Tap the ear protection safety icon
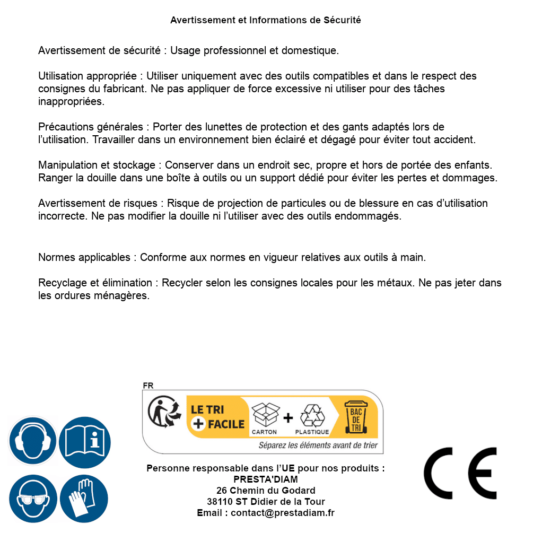click(x=32, y=441)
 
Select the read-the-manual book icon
click(x=85, y=441)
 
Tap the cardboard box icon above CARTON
click(x=265, y=415)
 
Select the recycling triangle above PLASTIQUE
click(x=312, y=415)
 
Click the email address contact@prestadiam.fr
click(x=283, y=513)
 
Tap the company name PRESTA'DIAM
click(x=266, y=479)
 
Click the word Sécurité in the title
click(x=342, y=20)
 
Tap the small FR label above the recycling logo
click(x=148, y=386)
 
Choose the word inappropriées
click(x=71, y=101)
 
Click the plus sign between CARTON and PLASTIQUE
click(x=288, y=417)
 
